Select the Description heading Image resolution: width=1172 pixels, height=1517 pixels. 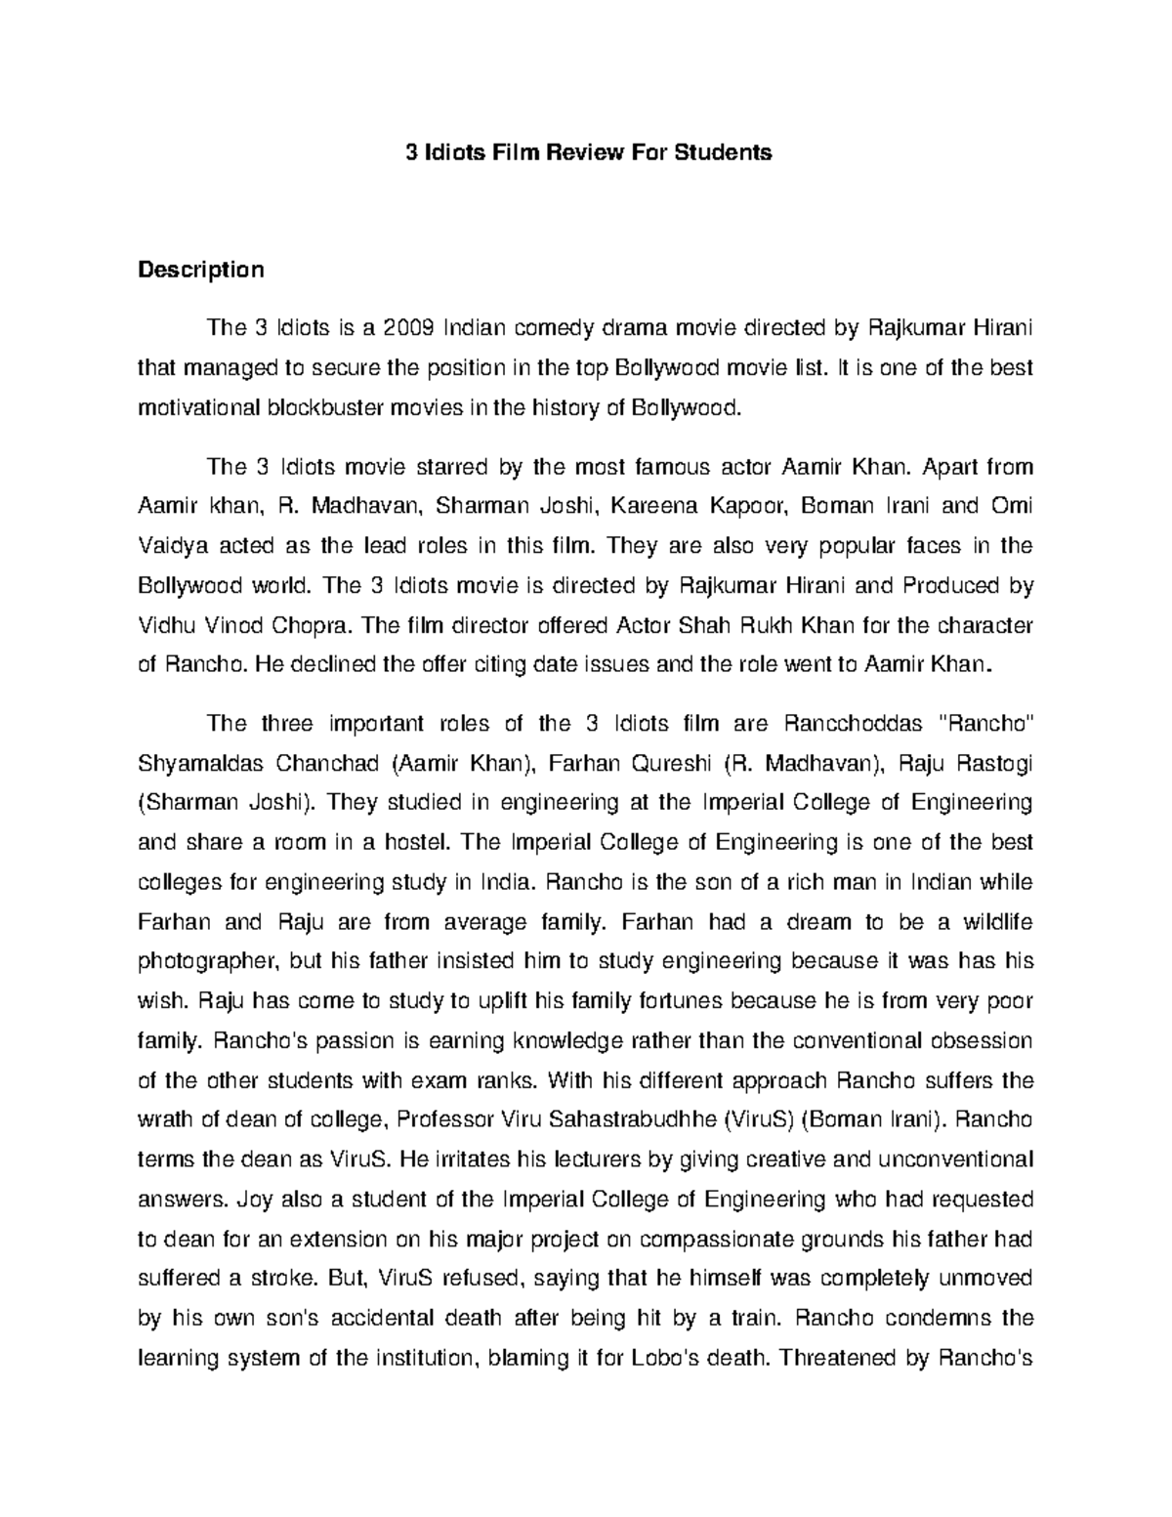(x=200, y=270)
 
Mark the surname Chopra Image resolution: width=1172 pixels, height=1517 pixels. (x=313, y=625)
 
